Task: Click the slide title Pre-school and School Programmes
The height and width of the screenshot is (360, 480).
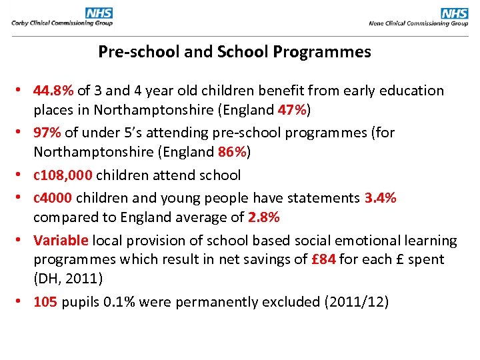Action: (x=235, y=52)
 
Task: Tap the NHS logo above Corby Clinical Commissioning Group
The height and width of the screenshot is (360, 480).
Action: (x=99, y=13)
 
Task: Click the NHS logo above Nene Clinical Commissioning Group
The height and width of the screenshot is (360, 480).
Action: (x=455, y=13)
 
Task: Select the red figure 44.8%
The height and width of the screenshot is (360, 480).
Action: (x=55, y=91)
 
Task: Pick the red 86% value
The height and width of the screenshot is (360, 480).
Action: (x=232, y=151)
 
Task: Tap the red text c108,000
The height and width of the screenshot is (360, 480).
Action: (x=64, y=175)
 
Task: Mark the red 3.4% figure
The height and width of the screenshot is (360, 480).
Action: (x=380, y=198)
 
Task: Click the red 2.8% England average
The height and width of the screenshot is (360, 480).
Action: (x=263, y=217)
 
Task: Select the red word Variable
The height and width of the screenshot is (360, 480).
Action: (x=61, y=241)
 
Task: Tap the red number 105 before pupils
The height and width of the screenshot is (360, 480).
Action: (x=45, y=302)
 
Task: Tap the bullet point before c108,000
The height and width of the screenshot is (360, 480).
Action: (x=22, y=175)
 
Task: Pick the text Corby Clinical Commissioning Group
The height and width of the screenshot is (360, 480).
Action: (x=61, y=23)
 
